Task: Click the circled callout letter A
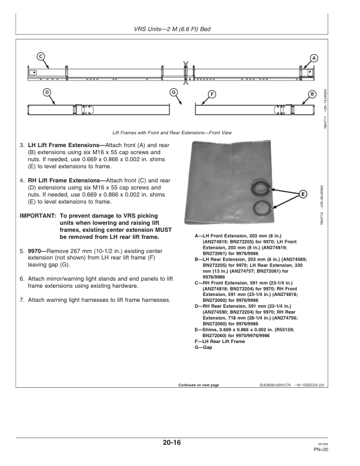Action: pos(314,58)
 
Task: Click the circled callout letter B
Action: pos(312,94)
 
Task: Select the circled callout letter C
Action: pos(41,56)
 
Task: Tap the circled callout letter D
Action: pos(46,92)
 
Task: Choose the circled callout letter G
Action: pos(173,92)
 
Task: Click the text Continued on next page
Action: pos(198,385)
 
